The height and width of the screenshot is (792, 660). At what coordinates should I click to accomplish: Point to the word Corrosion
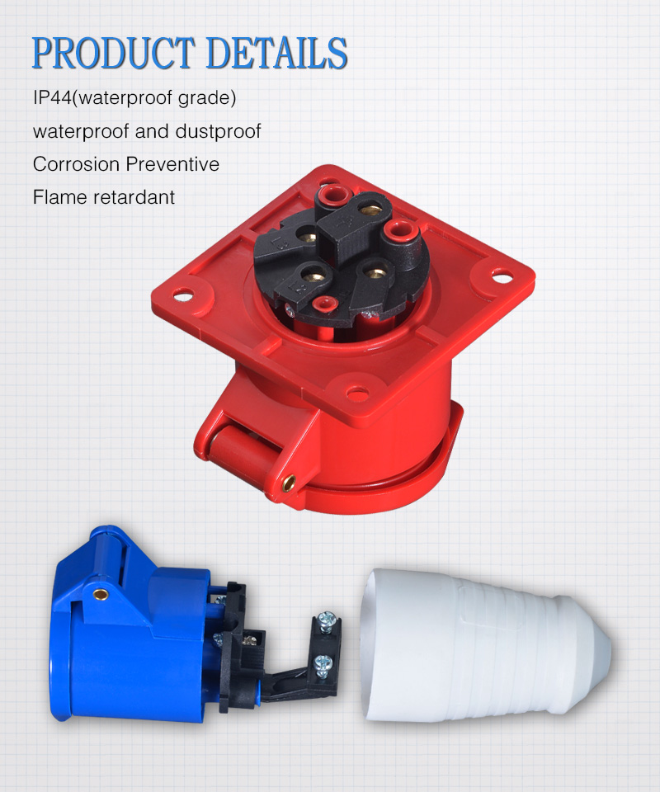click(76, 164)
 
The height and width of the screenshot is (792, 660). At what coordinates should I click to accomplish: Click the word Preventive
click(172, 164)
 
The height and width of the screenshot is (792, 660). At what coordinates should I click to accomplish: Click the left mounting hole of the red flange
click(182, 291)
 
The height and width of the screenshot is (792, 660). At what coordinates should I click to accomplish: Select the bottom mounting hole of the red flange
click(356, 394)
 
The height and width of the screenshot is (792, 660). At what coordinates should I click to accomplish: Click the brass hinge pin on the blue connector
click(100, 592)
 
